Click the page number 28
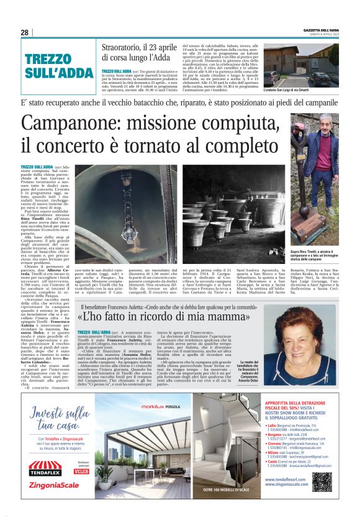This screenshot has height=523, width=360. tap(24, 32)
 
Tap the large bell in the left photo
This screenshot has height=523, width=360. tap(106, 208)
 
